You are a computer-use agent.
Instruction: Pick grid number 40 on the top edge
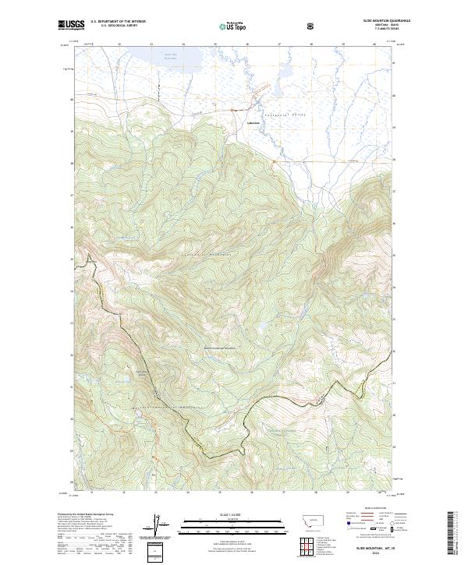coord(374,45)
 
